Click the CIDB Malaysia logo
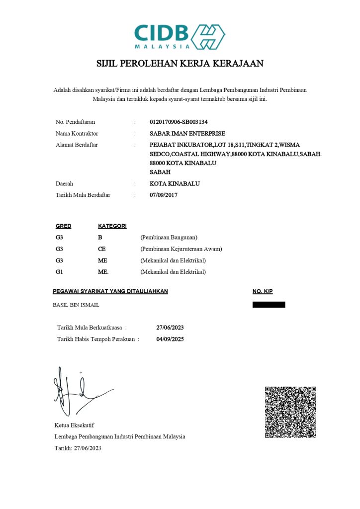pyautogui.click(x=180, y=36)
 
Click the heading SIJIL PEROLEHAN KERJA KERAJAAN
pyautogui.click(x=180, y=64)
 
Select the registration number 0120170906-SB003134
pyautogui.click(x=179, y=122)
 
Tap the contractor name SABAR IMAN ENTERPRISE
pyautogui.click(x=187, y=133)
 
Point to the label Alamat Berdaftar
pyautogui.click(x=77, y=145)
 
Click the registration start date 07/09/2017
pyautogui.click(x=164, y=195)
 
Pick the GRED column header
pyautogui.click(x=63, y=226)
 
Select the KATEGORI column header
pyautogui.click(x=112, y=226)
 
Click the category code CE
pyautogui.click(x=102, y=249)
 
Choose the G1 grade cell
pyautogui.click(x=59, y=271)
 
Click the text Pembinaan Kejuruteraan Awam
pyautogui.click(x=181, y=249)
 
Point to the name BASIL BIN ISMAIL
pyautogui.click(x=76, y=305)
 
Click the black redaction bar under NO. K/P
pyautogui.click(x=269, y=305)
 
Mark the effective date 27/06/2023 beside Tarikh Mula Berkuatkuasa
pyautogui.click(x=170, y=328)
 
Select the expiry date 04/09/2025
pyautogui.click(x=170, y=339)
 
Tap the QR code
pyautogui.click(x=290, y=412)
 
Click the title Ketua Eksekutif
pyautogui.click(x=74, y=425)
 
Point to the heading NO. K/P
pyautogui.click(x=263, y=291)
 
